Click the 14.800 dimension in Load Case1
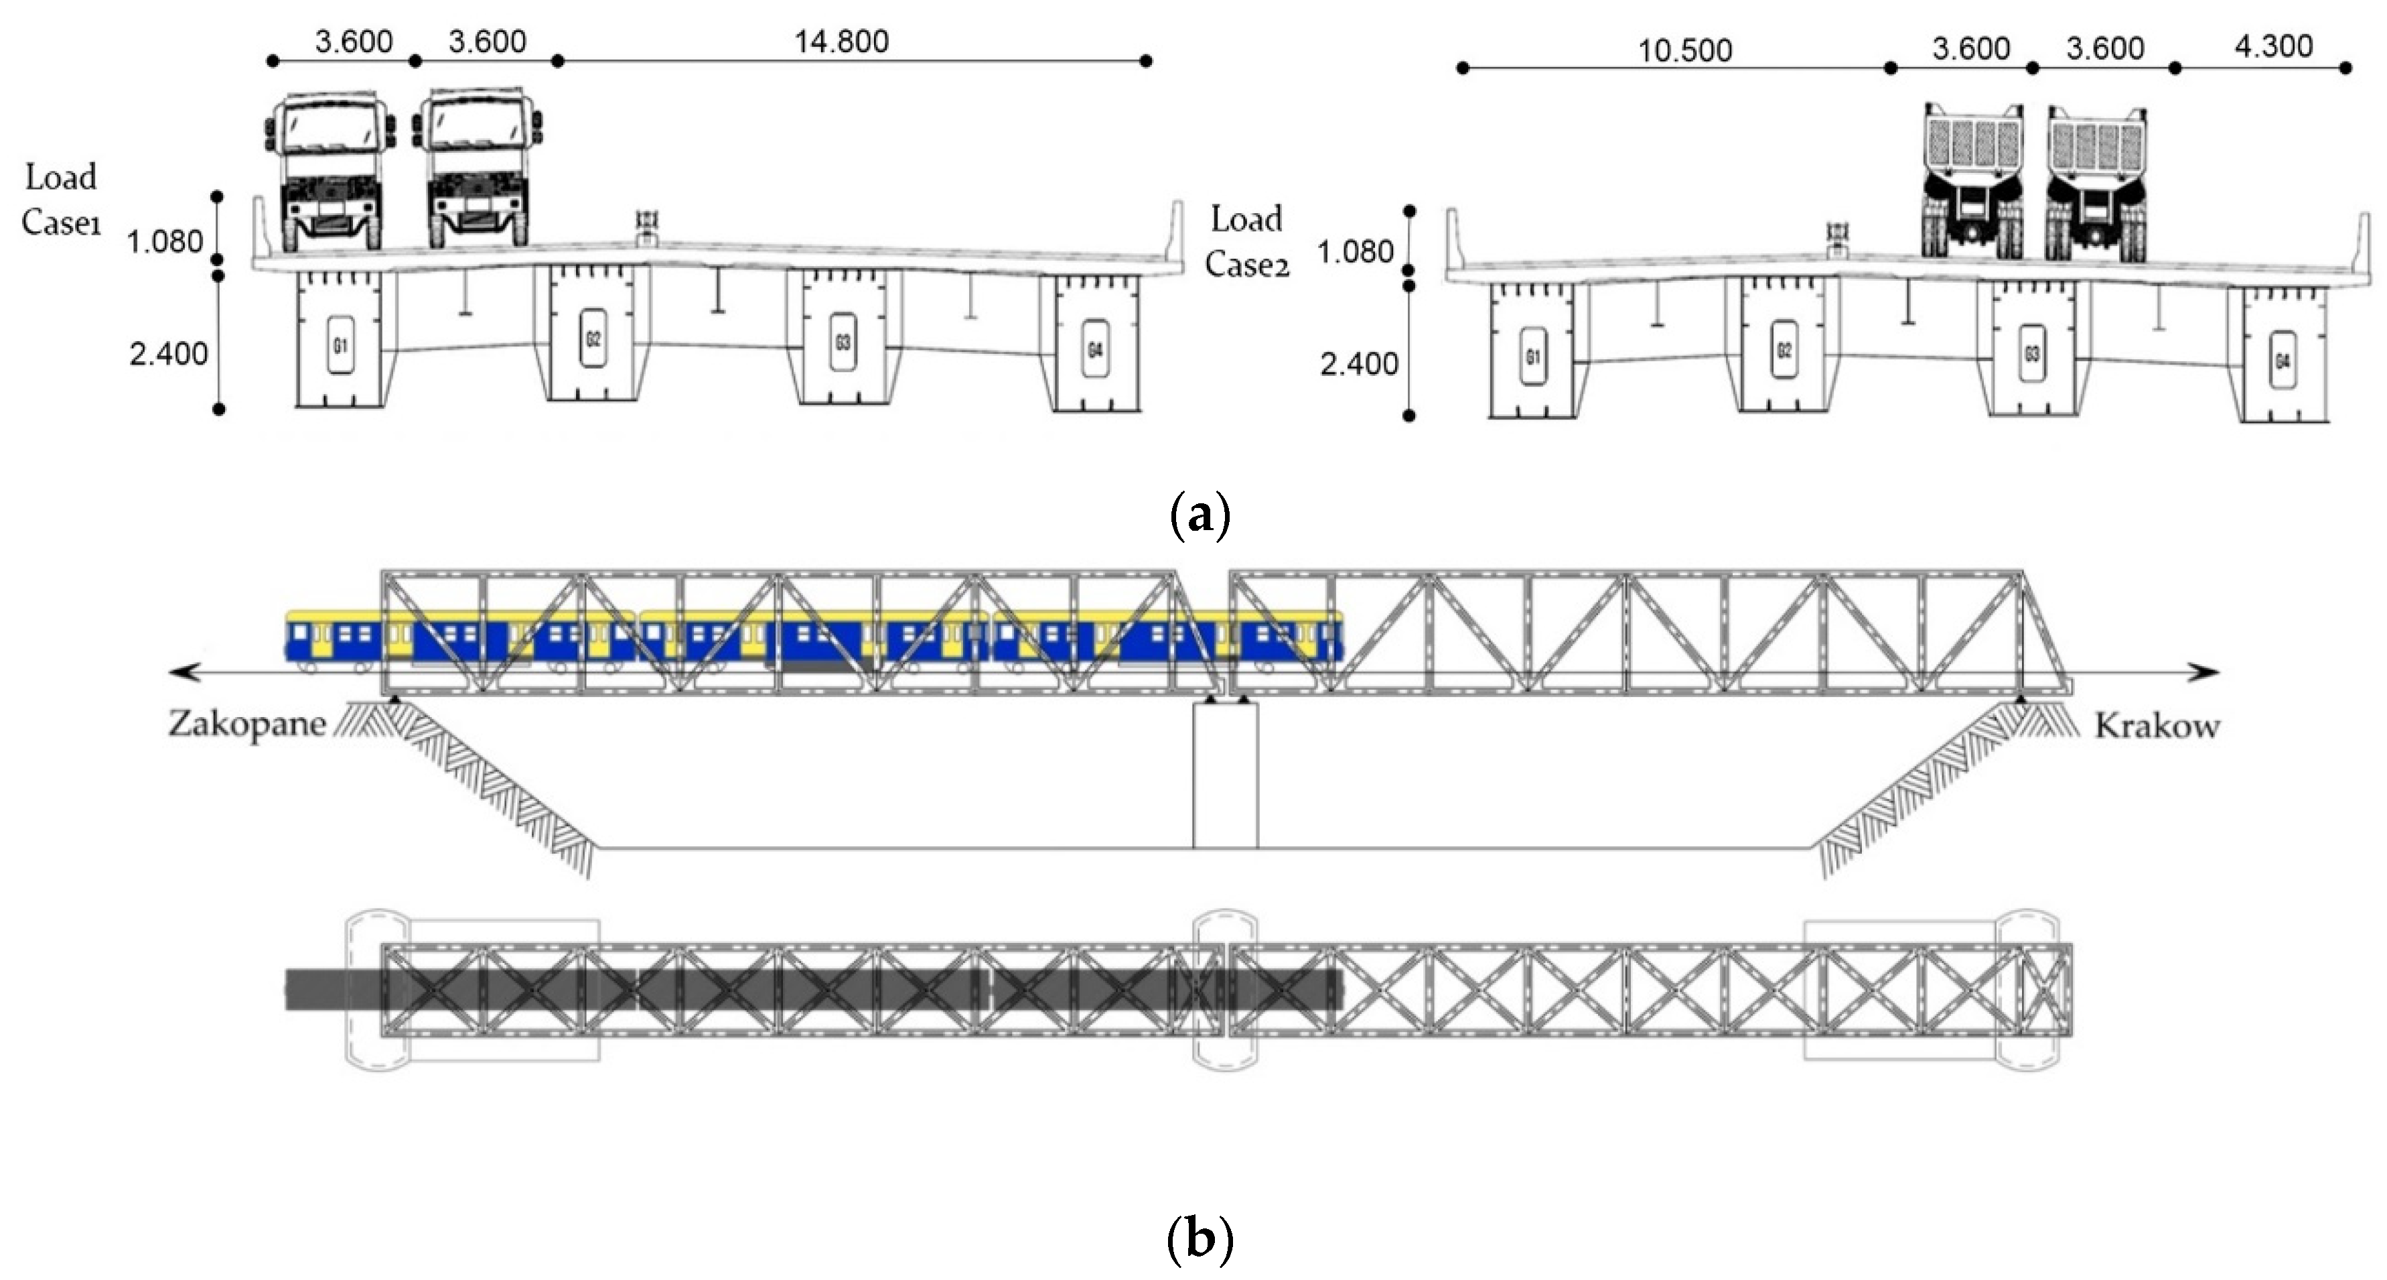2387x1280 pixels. pos(841,42)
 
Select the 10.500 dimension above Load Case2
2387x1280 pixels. pos(1684,50)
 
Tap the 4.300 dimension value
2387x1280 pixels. pos(2273,46)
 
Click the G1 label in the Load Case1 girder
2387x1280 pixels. pos(340,346)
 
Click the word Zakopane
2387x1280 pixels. pos(246,724)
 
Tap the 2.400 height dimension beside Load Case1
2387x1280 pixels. pos(167,354)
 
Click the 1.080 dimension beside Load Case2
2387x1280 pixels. pos(1355,252)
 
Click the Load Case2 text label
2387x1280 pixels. pos(1246,242)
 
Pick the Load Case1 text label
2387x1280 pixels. pos(61,199)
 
